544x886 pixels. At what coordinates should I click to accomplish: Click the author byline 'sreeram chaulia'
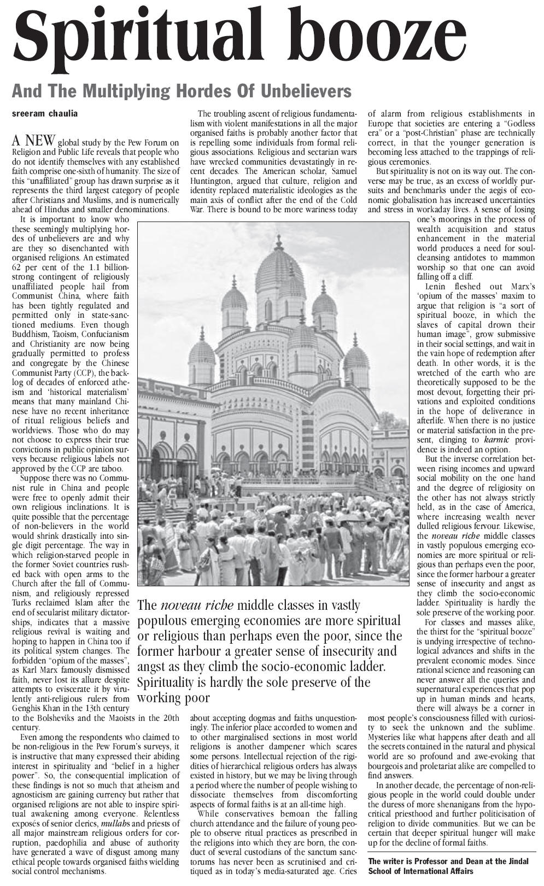coord(45,114)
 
